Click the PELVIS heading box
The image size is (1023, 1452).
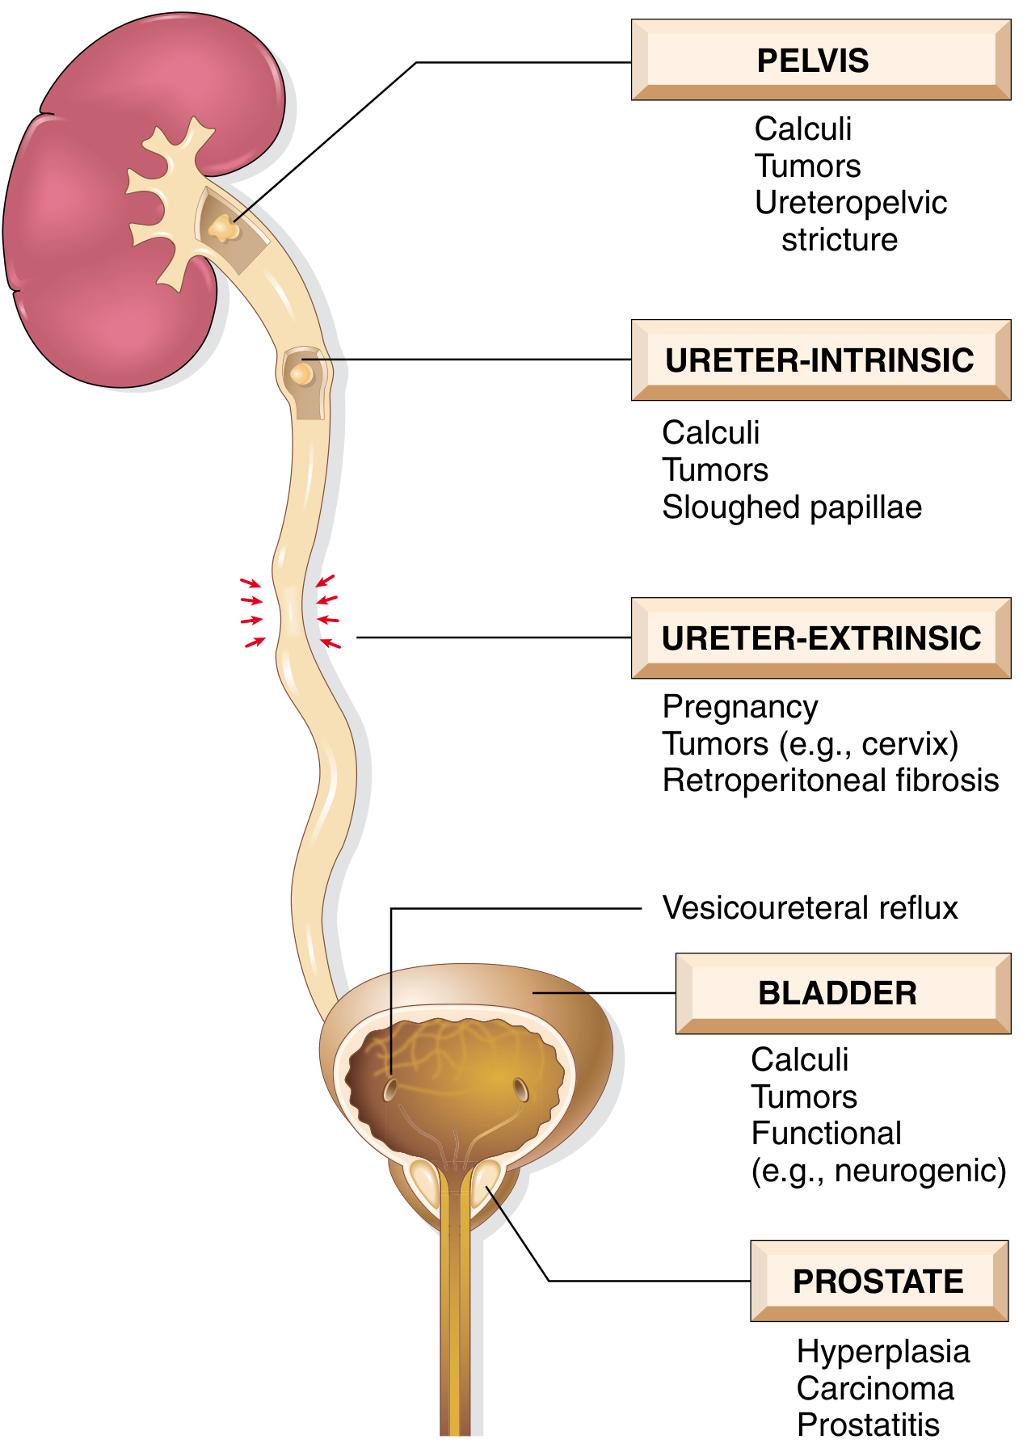click(x=820, y=61)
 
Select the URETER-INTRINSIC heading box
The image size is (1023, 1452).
click(x=820, y=360)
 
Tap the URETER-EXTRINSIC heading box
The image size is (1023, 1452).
click(x=820, y=638)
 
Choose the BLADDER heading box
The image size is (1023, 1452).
click(x=842, y=993)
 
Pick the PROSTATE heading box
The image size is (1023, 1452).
click(x=878, y=1282)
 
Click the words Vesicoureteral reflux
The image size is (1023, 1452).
click(x=810, y=908)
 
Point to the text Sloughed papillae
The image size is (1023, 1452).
click(x=792, y=507)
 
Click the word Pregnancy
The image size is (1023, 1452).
click(x=740, y=707)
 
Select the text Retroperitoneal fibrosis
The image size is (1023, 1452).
click(x=831, y=781)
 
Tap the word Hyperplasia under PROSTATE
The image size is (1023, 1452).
click(x=882, y=1352)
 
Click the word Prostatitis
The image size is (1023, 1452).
click(x=868, y=1425)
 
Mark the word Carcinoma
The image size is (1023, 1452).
click(x=875, y=1389)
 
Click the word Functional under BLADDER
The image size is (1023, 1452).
click(x=826, y=1134)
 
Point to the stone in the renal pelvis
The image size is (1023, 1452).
click(x=223, y=229)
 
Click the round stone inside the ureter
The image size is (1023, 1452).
click(x=302, y=373)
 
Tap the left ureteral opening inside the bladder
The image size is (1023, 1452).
click(x=390, y=1089)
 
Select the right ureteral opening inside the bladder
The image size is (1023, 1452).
click(x=521, y=1089)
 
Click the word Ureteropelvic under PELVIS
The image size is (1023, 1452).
click(x=850, y=203)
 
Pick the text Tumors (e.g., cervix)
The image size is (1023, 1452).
click(x=810, y=744)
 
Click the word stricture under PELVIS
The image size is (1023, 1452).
click(x=840, y=240)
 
